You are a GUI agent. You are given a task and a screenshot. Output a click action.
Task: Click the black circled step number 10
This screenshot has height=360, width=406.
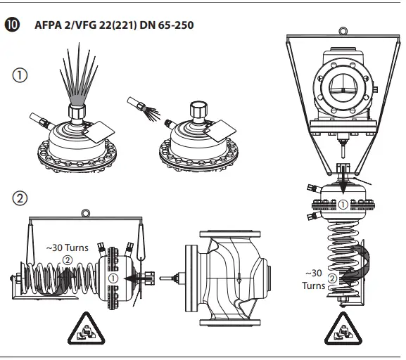click(x=12, y=25)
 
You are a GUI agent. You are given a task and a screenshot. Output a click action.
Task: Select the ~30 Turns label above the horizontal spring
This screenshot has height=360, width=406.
click(x=68, y=248)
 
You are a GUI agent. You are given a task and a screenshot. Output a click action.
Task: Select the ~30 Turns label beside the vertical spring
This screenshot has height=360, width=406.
click(x=315, y=279)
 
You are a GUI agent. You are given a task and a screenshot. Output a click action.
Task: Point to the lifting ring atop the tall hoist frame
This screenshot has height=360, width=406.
click(x=342, y=31)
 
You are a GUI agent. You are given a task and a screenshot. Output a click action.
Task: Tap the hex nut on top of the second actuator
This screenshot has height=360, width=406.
click(x=199, y=112)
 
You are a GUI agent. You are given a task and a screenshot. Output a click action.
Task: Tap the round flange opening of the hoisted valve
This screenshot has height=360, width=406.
click(x=342, y=81)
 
